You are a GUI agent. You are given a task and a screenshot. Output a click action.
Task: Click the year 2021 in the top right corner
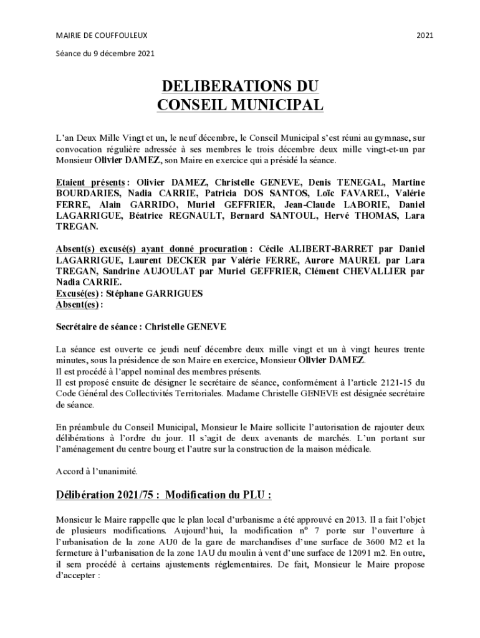pos(425,35)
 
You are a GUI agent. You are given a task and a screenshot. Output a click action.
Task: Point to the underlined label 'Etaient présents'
pos(88,183)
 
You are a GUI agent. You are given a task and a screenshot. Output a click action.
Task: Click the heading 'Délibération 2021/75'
pos(107,495)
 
